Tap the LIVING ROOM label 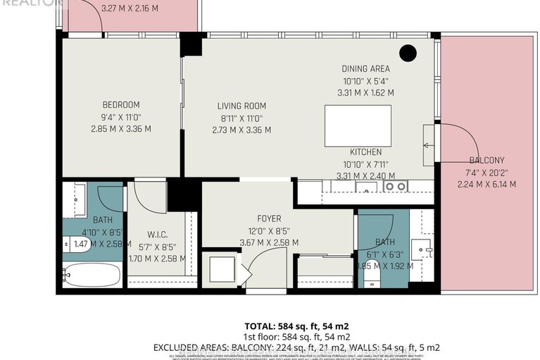tap(241, 106)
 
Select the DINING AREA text tap(365, 69)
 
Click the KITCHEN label tap(365, 152)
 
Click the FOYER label tap(269, 218)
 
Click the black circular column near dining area tap(407, 52)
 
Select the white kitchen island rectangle tap(358, 125)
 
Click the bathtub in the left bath tap(91, 275)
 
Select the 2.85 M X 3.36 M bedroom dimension tap(121, 129)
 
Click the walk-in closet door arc tap(151, 197)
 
